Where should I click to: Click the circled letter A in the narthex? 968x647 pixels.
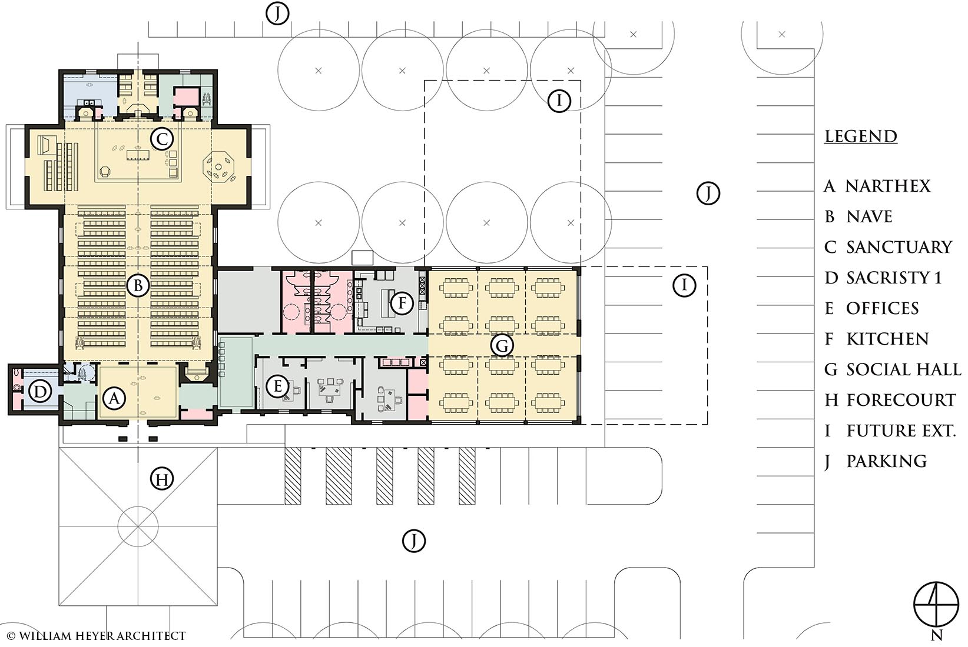pos(114,398)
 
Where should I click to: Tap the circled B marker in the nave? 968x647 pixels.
pos(138,285)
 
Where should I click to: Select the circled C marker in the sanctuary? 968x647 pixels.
pos(161,139)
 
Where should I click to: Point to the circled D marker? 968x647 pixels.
pos(40,392)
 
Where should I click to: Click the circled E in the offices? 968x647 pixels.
pos(277,386)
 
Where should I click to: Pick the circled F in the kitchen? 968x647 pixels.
pos(402,302)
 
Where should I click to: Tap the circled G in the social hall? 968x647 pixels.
pos(502,345)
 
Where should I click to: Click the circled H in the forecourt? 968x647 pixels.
pos(162,479)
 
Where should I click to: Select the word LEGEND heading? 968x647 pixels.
pos(861,136)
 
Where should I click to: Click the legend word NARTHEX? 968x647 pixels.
pos(887,186)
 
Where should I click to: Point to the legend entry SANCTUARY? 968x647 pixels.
pos(899,247)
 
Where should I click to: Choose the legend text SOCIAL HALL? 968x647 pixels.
pos(904,369)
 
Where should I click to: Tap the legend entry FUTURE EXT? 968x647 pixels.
pos(901,431)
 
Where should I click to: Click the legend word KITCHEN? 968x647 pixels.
pos(887,339)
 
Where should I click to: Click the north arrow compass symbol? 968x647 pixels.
pos(936,604)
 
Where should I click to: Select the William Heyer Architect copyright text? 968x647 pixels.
pos(97,636)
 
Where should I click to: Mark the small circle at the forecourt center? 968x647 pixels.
pos(138,526)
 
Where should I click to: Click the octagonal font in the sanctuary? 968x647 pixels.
pos(218,167)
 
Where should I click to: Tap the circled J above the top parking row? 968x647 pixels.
pos(277,14)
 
